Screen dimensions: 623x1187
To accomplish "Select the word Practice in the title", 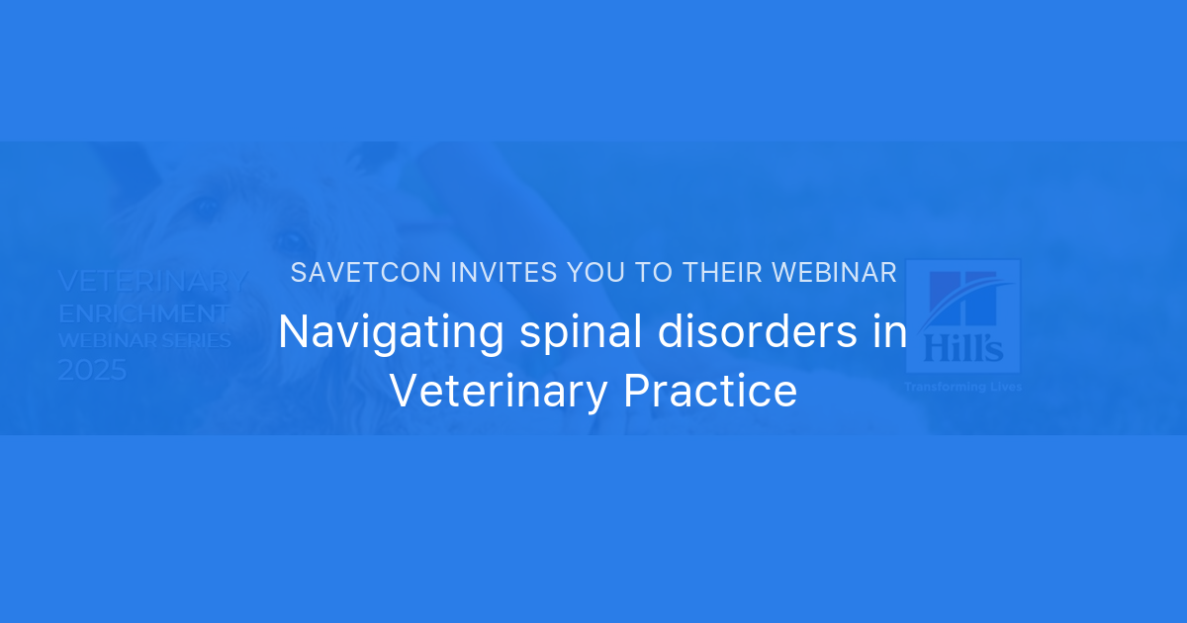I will click(710, 391).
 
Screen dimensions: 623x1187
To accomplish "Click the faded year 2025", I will click(92, 371).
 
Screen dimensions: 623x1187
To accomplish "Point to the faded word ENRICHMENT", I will click(143, 314).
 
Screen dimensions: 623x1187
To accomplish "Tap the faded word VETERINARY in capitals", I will click(153, 281).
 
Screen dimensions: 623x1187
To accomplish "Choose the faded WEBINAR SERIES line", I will click(144, 341).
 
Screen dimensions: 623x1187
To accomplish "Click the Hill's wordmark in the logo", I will click(962, 346).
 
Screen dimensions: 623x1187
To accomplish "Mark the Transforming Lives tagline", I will click(962, 387).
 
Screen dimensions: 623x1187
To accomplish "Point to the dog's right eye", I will click(290, 240).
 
